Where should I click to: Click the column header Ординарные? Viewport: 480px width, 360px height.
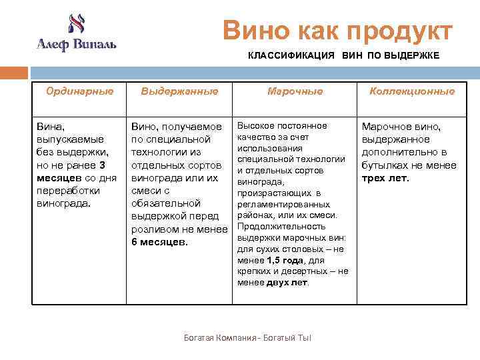(x=79, y=91)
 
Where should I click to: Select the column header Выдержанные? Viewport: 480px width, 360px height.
(x=179, y=91)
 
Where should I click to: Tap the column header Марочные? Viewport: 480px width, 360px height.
(x=295, y=91)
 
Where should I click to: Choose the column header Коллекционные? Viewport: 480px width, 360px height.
(x=412, y=91)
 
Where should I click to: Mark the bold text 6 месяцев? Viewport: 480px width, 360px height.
(x=160, y=241)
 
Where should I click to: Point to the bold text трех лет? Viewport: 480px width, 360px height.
(x=385, y=178)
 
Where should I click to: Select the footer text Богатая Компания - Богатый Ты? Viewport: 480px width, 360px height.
(x=247, y=338)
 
